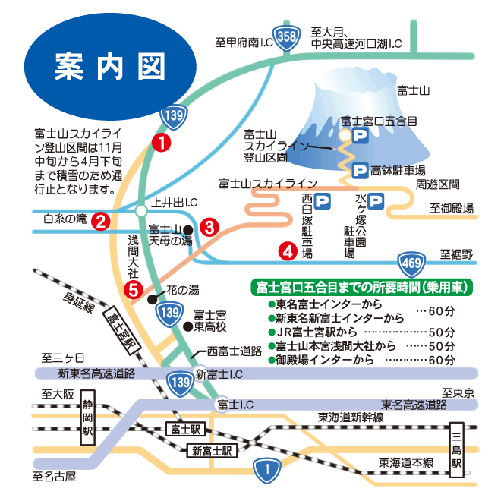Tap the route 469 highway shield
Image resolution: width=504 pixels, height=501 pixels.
[410, 263]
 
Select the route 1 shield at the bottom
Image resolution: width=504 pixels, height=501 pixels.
[265, 470]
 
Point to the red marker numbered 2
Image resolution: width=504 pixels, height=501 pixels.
[99, 221]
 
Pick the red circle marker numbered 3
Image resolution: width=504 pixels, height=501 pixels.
[210, 226]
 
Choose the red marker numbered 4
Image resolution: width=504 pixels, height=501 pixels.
[287, 249]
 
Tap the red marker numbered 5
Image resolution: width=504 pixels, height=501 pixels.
[134, 288]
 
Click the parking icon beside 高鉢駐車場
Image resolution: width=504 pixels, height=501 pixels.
[358, 170]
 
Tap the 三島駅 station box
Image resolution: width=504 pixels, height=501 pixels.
[456, 449]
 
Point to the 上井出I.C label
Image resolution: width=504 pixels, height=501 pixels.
[175, 203]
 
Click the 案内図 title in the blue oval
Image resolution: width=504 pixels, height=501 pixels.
[109, 68]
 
